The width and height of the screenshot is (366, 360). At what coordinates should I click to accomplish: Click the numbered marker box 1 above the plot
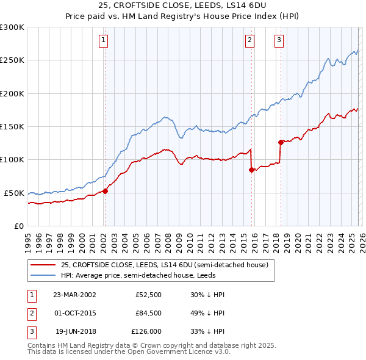(104, 41)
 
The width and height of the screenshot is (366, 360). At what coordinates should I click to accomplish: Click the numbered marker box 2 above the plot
(250, 41)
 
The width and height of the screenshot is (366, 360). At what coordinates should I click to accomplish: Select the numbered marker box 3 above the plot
(279, 41)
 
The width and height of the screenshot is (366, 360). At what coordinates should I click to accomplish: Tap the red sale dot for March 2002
(105, 191)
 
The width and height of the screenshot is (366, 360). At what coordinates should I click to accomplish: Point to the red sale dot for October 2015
(251, 170)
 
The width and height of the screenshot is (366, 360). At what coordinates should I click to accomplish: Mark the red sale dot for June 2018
(281, 143)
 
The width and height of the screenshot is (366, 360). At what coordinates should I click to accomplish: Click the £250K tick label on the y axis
(12, 60)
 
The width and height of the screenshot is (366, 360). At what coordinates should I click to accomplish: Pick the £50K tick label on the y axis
(15, 193)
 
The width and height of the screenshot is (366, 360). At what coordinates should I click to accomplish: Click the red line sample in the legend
(43, 265)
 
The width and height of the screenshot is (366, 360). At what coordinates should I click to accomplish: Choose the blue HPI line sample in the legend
(43, 275)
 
